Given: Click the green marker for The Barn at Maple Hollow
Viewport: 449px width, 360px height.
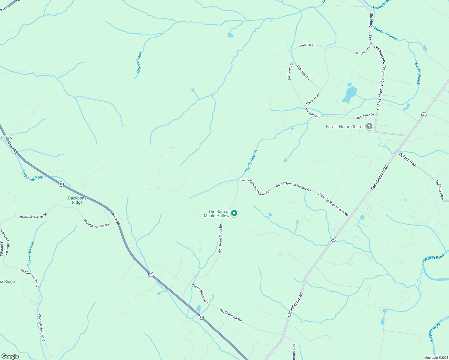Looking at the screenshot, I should (x=234, y=213).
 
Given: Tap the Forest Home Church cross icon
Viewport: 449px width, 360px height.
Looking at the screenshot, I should (x=369, y=127).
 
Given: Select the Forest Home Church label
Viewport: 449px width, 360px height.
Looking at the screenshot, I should (x=345, y=127).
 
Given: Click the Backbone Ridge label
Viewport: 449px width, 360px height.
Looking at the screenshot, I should (x=77, y=200).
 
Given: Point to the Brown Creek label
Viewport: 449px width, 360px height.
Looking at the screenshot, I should (x=139, y=62).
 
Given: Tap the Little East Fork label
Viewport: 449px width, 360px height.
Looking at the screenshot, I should (x=32, y=175).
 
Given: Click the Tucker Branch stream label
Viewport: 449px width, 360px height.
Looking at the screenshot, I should (x=31, y=253).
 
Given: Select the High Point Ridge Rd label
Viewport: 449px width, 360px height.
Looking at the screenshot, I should (x=221, y=239).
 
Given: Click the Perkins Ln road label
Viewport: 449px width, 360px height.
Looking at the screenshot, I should (x=308, y=45).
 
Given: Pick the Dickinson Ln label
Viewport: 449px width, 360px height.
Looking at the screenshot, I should (x=303, y=72).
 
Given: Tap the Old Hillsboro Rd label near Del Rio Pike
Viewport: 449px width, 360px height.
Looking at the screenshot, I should (x=380, y=177).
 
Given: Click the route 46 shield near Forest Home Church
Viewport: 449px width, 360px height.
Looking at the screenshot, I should (x=424, y=115).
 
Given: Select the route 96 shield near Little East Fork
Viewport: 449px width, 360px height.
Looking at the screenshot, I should (x=61, y=184).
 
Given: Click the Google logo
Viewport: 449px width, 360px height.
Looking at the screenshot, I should (x=10, y=356).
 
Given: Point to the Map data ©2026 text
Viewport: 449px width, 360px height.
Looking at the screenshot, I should (x=435, y=358).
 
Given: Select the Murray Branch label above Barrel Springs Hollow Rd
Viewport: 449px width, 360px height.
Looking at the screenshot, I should (x=251, y=161).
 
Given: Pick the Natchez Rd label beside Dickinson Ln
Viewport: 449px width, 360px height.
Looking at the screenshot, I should (x=313, y=99).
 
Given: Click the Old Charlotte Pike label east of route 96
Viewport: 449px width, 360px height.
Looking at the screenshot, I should (x=231, y=316).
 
